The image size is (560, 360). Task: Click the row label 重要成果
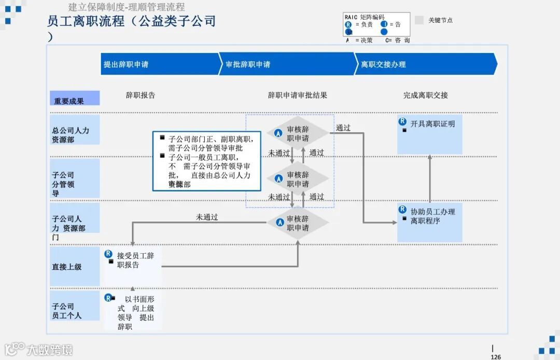pos(75,100)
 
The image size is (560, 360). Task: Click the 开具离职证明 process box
pos(429,134)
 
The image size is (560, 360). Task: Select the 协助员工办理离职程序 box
pos(429,223)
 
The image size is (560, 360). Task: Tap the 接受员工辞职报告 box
pos(133,265)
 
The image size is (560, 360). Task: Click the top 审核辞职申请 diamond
pos(298,134)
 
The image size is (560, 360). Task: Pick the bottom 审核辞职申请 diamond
pos(298,223)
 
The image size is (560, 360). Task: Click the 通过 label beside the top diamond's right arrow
pos(343,128)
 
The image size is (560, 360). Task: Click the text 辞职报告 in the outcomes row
pos(141,95)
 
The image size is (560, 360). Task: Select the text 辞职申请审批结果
pos(298,95)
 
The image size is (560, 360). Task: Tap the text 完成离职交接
pos(426,95)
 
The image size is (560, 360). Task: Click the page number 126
pos(496,356)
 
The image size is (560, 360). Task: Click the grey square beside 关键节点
pos(419,20)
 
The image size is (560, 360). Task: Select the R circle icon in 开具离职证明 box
pos(402,121)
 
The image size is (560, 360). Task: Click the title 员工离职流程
pos(86,22)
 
